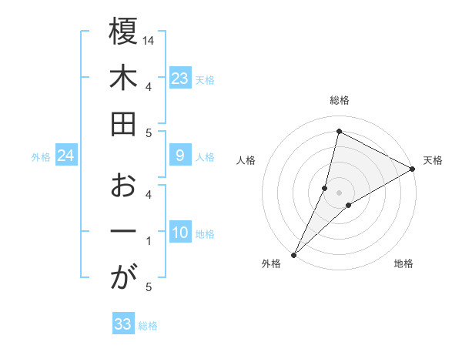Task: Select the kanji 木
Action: (123, 79)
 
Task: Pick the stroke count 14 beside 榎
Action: (149, 40)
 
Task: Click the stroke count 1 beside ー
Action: (149, 242)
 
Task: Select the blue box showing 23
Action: (179, 79)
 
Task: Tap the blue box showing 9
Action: (179, 156)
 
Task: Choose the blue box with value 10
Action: (179, 233)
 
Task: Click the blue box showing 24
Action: (66, 156)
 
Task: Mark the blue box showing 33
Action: (122, 324)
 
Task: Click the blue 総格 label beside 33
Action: (148, 326)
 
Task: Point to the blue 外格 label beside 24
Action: (41, 157)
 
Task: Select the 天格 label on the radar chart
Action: (433, 160)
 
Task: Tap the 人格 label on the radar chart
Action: (246, 160)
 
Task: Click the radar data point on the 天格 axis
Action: (413, 169)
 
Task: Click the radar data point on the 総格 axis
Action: (339, 131)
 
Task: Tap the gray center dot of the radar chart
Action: (339, 192)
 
